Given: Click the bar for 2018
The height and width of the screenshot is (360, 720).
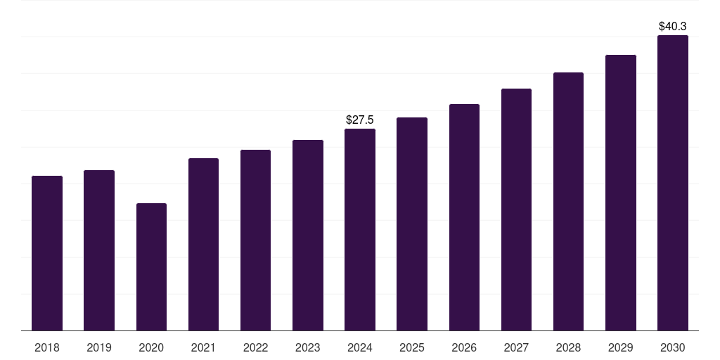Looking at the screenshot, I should pyautogui.click(x=47, y=253).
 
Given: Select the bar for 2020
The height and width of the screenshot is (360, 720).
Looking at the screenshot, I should pyautogui.click(x=151, y=267).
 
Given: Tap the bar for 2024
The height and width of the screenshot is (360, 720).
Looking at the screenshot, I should pyautogui.click(x=360, y=229).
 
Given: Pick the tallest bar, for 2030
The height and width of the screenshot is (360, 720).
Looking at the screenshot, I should pyautogui.click(x=673, y=183).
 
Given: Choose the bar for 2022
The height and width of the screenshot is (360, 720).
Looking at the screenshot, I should pyautogui.click(x=255, y=240).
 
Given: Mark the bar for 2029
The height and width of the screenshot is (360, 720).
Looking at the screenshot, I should pyautogui.click(x=621, y=193).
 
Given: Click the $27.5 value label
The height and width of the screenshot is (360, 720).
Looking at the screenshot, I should pyautogui.click(x=360, y=120).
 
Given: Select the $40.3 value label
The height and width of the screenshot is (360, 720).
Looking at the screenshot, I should pyautogui.click(x=673, y=27).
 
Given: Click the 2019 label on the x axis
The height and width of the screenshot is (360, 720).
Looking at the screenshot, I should pyautogui.click(x=99, y=347).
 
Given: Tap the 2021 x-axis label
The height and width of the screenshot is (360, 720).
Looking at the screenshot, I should pyautogui.click(x=203, y=347).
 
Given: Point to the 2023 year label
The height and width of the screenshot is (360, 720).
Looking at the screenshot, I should pyautogui.click(x=307, y=347).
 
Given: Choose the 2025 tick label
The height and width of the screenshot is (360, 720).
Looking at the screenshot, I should pyautogui.click(x=412, y=347).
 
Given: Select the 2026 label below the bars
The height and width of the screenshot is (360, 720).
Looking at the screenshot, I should pyautogui.click(x=464, y=347).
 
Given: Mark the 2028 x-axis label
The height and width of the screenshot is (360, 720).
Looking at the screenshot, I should pyautogui.click(x=568, y=347).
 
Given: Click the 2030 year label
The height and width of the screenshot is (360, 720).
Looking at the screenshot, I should pyautogui.click(x=673, y=347).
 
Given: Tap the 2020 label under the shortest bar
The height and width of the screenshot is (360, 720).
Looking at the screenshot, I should pyautogui.click(x=151, y=347).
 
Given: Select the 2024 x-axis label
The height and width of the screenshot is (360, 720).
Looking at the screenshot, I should pyautogui.click(x=360, y=347).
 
